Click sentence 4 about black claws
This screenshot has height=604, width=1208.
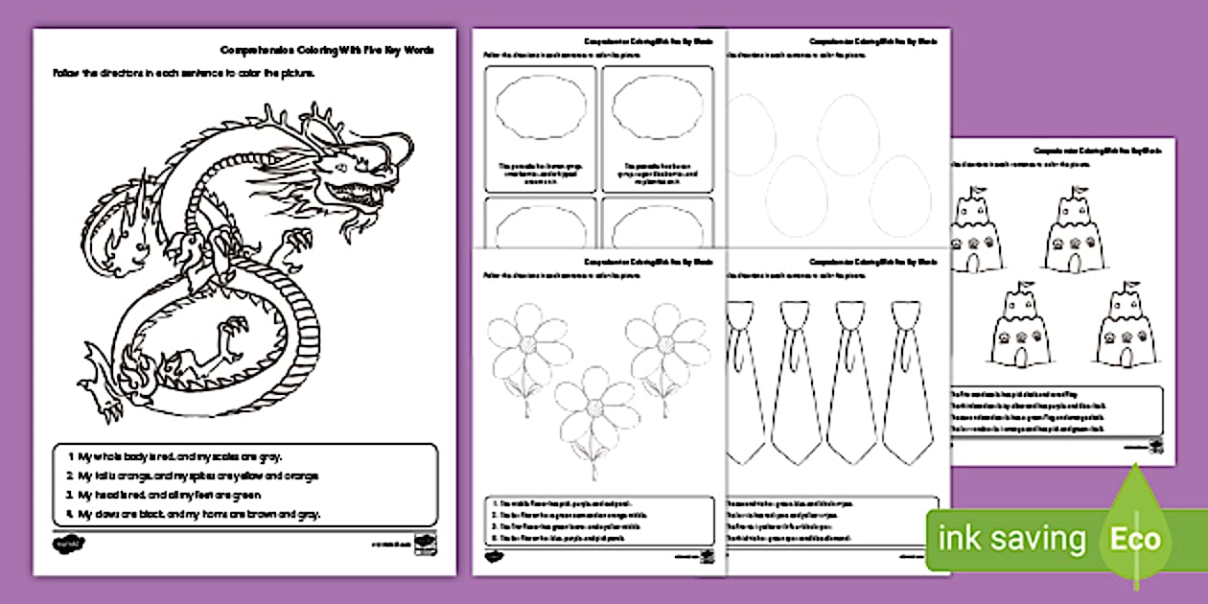tap(199, 513)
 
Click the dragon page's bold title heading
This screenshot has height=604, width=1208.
tap(326, 50)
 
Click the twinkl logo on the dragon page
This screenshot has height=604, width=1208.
tap(65, 544)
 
